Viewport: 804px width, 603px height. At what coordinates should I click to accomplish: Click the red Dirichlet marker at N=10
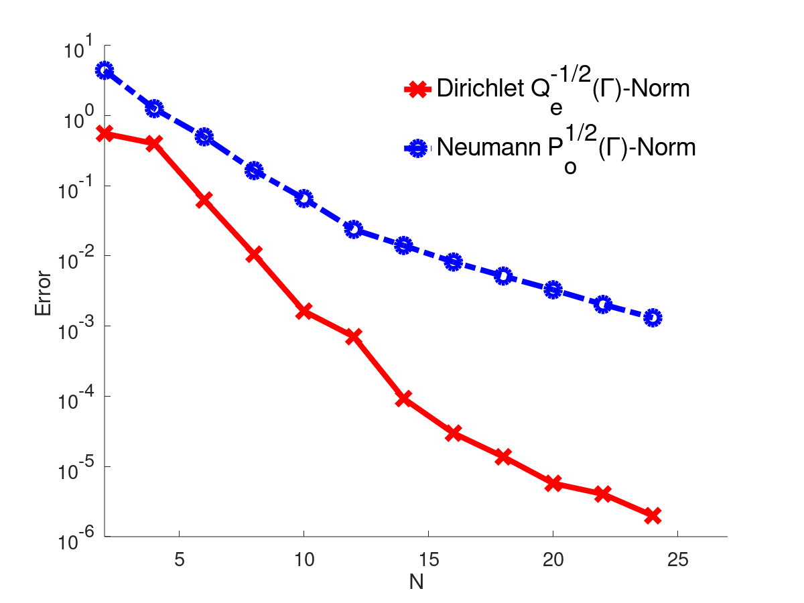(x=304, y=311)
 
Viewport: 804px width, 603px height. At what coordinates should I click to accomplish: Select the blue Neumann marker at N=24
(x=653, y=318)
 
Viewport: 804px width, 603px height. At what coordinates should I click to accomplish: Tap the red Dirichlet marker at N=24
(x=653, y=515)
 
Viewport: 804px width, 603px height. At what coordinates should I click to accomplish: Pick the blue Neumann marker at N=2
(x=105, y=70)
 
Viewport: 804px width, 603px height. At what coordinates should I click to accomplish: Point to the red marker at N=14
(x=403, y=399)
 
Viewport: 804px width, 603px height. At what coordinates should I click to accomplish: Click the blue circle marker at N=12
(x=354, y=230)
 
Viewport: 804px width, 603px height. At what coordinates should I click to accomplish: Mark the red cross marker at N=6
(x=204, y=200)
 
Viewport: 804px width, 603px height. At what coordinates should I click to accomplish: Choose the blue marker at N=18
(x=503, y=275)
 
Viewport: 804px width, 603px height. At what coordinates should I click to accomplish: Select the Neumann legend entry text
(x=566, y=147)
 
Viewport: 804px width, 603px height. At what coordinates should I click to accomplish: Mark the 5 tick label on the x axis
(x=179, y=557)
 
